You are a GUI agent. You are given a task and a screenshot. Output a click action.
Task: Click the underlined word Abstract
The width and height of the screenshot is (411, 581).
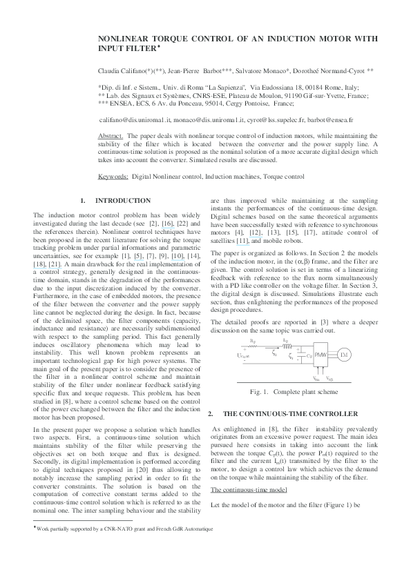tap(112, 137)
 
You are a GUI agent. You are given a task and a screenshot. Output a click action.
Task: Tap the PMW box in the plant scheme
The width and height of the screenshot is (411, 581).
tap(321, 354)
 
